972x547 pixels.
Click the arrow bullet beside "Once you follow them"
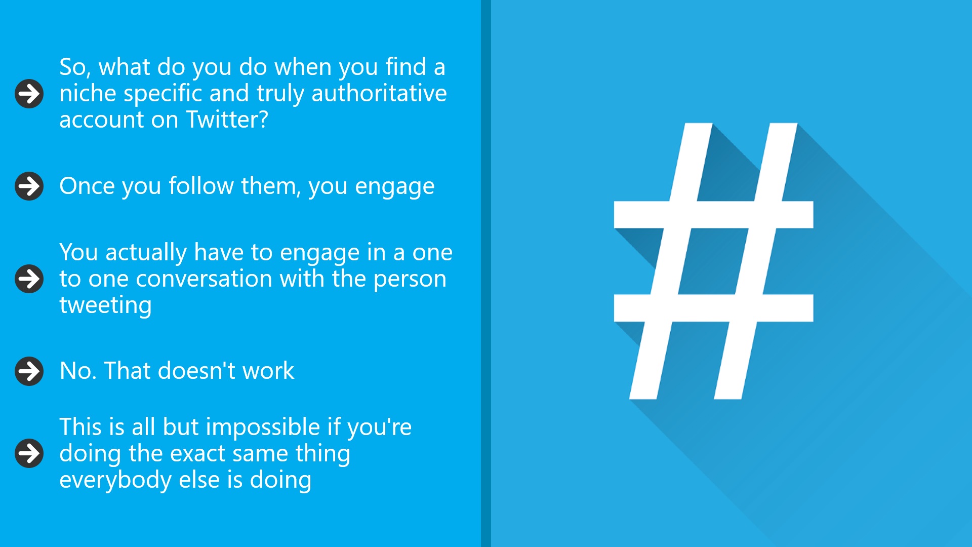coord(29,186)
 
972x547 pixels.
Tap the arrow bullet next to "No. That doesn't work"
coord(29,371)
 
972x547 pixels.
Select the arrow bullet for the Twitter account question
coord(29,94)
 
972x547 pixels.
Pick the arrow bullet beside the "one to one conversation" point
coord(29,279)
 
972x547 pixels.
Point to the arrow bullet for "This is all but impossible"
coord(29,453)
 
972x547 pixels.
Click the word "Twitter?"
coord(227,120)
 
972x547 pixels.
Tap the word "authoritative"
coord(379,93)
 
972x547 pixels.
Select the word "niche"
coord(88,93)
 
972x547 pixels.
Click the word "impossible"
coord(263,427)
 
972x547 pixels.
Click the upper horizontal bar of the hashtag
coord(713,215)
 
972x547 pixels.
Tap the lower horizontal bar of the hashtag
coord(713,308)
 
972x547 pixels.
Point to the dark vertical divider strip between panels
coord(486,273)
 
